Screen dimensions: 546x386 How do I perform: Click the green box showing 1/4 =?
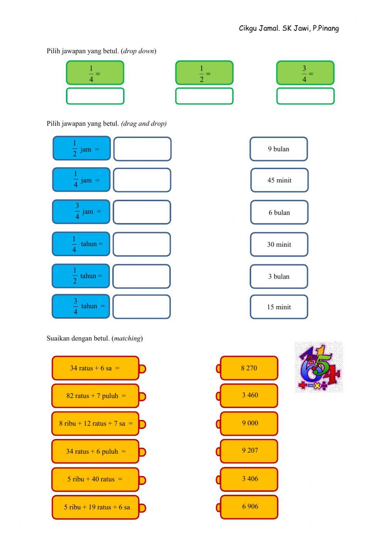coord(95,73)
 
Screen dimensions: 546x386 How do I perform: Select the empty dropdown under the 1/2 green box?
coord(204,96)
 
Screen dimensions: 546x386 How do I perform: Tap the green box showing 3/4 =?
coord(305,73)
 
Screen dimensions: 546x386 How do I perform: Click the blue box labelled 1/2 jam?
coord(81,148)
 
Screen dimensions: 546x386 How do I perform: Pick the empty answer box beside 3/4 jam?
coord(142,212)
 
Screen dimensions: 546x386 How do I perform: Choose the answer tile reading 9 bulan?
coord(278,149)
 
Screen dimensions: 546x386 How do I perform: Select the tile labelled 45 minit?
coord(279,180)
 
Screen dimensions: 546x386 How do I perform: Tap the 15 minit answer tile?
coord(279,307)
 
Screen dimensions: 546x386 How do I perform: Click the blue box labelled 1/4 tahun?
coord(81,244)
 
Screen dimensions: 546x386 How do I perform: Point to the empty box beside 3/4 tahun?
coord(141,307)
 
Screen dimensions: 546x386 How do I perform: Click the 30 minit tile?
coord(279,244)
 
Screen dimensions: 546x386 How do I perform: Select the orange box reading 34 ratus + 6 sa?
coord(95,368)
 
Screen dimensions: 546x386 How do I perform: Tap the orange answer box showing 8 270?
coord(249,368)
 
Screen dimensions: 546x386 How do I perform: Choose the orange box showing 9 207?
coord(249,451)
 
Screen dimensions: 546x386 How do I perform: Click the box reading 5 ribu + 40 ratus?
coord(95,479)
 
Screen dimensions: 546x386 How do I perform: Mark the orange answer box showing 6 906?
coord(249,507)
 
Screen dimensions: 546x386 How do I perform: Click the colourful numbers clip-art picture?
coord(319,367)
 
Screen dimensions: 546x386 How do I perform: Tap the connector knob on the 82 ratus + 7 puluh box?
coord(142,396)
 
